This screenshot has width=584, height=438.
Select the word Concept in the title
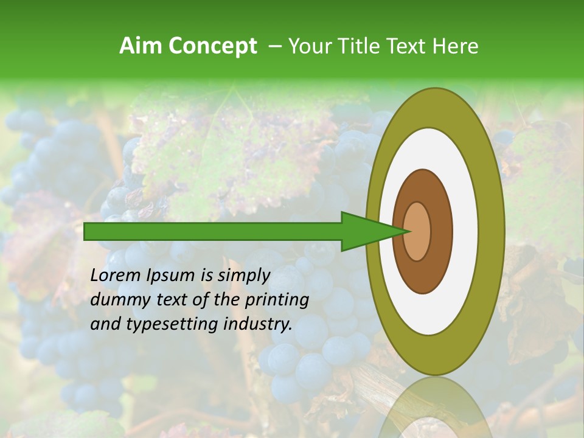[x=212, y=47]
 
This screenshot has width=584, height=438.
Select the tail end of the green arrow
[x=86, y=231]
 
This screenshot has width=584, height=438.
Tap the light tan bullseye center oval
[x=417, y=231]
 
